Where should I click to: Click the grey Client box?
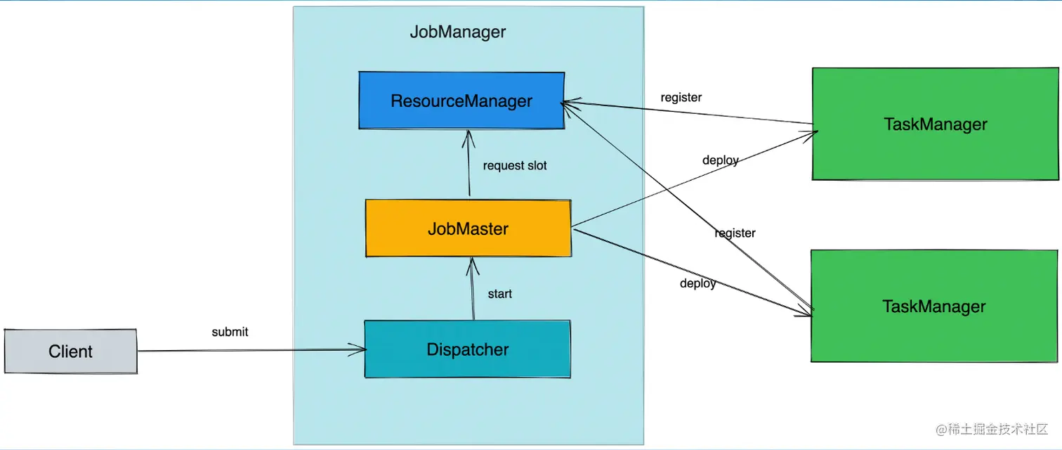coord(70,351)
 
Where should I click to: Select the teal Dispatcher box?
coord(467,349)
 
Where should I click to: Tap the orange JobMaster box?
coord(468,229)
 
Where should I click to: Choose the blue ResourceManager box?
coord(461,101)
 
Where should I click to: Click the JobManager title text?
coord(457,32)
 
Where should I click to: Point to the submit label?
coord(230,331)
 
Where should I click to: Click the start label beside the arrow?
coord(499,293)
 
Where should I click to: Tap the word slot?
coord(536,166)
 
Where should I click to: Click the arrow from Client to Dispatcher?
coord(246,350)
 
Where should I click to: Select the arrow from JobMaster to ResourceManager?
coord(467,165)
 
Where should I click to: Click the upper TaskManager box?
coord(935,124)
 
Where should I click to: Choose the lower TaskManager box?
coord(933,306)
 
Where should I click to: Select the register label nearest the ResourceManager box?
coord(681,97)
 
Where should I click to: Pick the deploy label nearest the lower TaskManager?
coord(697,283)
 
